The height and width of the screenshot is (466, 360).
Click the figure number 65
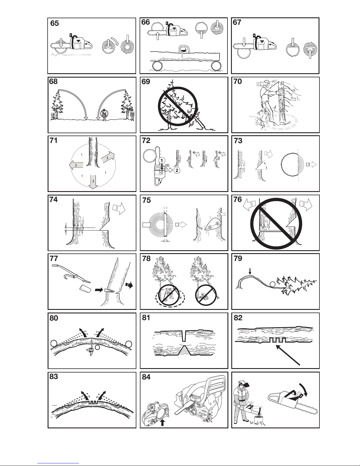(x=54, y=23)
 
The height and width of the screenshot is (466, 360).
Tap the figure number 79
(x=238, y=258)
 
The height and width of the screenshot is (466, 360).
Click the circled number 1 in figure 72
(x=162, y=161)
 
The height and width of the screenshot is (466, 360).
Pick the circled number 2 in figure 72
(x=177, y=171)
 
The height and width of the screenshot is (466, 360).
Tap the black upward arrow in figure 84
(x=163, y=423)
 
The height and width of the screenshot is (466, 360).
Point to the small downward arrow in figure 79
(x=250, y=271)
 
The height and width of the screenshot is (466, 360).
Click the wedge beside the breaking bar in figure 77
(x=85, y=288)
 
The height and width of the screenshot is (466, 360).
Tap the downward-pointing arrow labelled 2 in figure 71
(x=93, y=182)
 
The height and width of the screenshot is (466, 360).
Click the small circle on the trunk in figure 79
(x=273, y=284)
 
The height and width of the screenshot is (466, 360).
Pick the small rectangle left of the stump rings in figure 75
(x=147, y=225)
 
